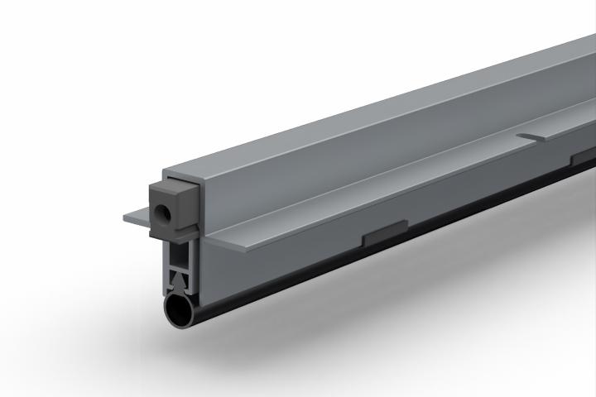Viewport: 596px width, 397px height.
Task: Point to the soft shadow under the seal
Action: point(331,323)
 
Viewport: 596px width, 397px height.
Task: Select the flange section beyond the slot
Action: point(571,124)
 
